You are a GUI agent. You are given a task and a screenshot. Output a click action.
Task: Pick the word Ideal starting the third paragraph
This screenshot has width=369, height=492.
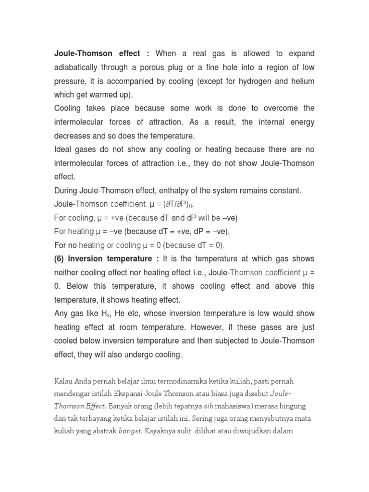point(63,149)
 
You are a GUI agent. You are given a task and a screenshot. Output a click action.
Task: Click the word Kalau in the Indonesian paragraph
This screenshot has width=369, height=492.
point(64,381)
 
